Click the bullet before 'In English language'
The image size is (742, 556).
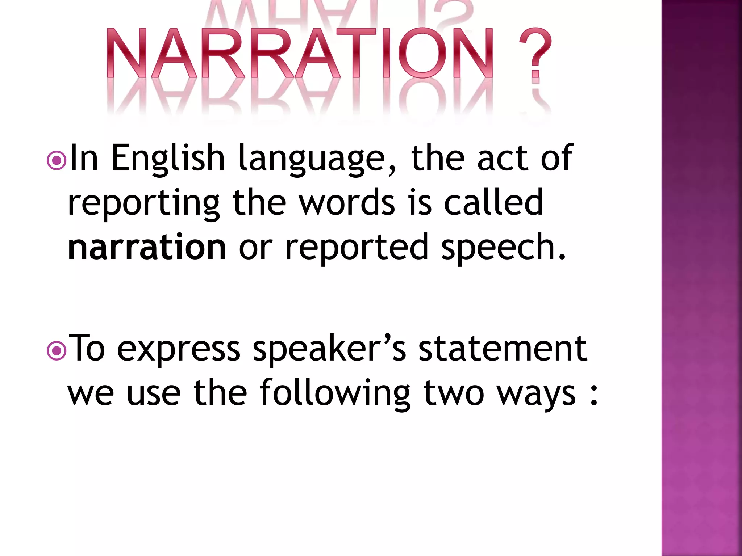(x=57, y=161)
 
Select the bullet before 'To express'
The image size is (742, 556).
(x=57, y=350)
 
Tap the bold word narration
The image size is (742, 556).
(x=147, y=247)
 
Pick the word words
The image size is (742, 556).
(x=347, y=203)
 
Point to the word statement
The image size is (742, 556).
(x=503, y=348)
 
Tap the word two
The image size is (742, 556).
(x=454, y=393)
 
